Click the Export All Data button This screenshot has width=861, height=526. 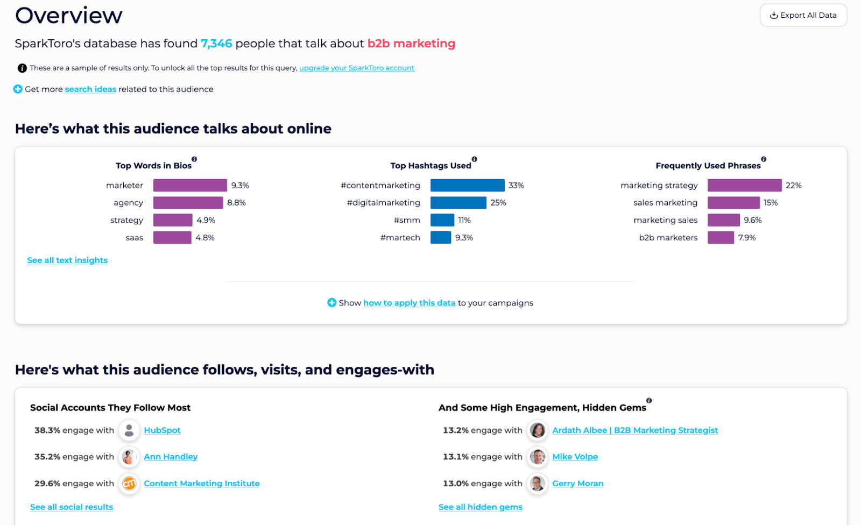click(803, 15)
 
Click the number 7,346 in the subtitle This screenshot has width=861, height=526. click(216, 44)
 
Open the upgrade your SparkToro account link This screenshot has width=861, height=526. click(356, 68)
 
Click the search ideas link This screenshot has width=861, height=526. click(90, 89)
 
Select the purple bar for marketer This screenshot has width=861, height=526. click(190, 186)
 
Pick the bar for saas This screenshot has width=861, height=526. click(172, 238)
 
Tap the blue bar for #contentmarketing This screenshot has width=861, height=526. click(467, 186)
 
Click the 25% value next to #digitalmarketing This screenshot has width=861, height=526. click(498, 203)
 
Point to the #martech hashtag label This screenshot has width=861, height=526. click(400, 238)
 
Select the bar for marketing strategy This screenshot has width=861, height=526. click(744, 186)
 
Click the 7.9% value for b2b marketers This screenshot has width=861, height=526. click(746, 238)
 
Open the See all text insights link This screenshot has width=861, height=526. click(67, 260)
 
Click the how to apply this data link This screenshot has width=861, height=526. click(409, 303)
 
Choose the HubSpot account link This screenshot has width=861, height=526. click(162, 430)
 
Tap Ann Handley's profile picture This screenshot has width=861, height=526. click(129, 457)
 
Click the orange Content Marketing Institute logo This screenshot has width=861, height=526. click(129, 484)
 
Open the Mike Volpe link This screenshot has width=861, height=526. click(575, 457)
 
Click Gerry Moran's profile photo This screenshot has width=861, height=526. click(537, 484)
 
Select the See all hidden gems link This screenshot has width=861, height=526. click(480, 507)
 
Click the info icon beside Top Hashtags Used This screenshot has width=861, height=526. click(474, 159)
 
